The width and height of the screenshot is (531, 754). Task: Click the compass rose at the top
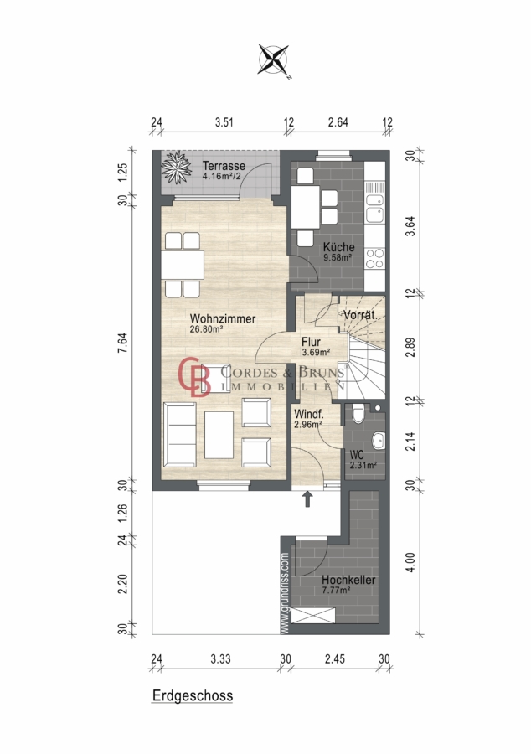click(273, 60)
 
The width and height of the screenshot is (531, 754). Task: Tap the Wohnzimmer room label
click(223, 318)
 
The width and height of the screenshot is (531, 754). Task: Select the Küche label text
click(338, 247)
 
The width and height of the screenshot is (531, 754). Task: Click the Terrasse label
click(224, 166)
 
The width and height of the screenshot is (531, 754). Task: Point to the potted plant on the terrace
click(177, 168)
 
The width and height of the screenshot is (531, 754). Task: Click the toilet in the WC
click(358, 414)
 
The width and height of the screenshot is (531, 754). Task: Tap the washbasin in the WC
click(379, 440)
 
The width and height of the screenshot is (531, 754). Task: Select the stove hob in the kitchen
click(375, 258)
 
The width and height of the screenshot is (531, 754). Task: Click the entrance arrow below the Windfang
click(307, 499)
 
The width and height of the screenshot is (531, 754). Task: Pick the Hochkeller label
click(348, 580)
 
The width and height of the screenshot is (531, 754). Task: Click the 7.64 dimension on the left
click(123, 343)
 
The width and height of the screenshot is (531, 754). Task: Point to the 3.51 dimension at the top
click(224, 122)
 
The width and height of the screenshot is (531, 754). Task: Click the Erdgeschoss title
click(193, 696)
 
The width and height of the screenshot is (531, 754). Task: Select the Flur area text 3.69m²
click(316, 353)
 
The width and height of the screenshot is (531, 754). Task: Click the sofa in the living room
click(180, 435)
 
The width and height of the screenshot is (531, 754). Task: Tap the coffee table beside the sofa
click(219, 435)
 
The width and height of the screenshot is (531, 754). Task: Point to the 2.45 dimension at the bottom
click(334, 658)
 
